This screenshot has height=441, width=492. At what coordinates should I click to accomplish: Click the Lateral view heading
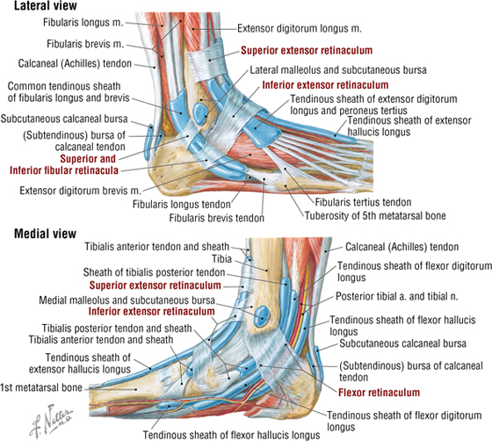(46, 5)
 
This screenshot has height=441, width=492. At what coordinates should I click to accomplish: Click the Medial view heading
(45, 234)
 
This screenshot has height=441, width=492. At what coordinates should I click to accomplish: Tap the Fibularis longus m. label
(83, 23)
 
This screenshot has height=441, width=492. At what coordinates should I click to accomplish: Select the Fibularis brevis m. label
(85, 44)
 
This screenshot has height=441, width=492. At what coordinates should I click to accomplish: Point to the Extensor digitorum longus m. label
(300, 28)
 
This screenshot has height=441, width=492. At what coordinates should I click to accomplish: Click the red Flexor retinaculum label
(379, 393)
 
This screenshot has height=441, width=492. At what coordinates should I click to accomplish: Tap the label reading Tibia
(221, 259)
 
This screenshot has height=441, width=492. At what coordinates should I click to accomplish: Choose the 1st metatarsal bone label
(41, 387)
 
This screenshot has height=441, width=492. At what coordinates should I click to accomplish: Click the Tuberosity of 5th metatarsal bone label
(375, 216)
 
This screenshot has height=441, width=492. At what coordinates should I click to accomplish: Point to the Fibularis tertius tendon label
(363, 202)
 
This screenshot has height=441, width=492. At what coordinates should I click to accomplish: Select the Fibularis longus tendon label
(182, 205)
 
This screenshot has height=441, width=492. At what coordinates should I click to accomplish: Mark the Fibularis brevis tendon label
(217, 218)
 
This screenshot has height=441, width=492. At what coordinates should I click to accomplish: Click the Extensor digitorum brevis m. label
(80, 191)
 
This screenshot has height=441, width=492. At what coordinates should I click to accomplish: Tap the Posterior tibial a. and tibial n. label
(397, 296)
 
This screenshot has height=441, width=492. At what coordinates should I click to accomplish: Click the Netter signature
(50, 420)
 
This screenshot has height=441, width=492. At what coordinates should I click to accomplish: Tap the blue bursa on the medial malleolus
(263, 316)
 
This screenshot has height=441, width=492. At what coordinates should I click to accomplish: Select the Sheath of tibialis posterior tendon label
(154, 272)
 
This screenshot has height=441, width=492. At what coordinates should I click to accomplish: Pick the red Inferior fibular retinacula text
(64, 170)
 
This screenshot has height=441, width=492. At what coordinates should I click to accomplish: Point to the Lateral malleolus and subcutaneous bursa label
(338, 70)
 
